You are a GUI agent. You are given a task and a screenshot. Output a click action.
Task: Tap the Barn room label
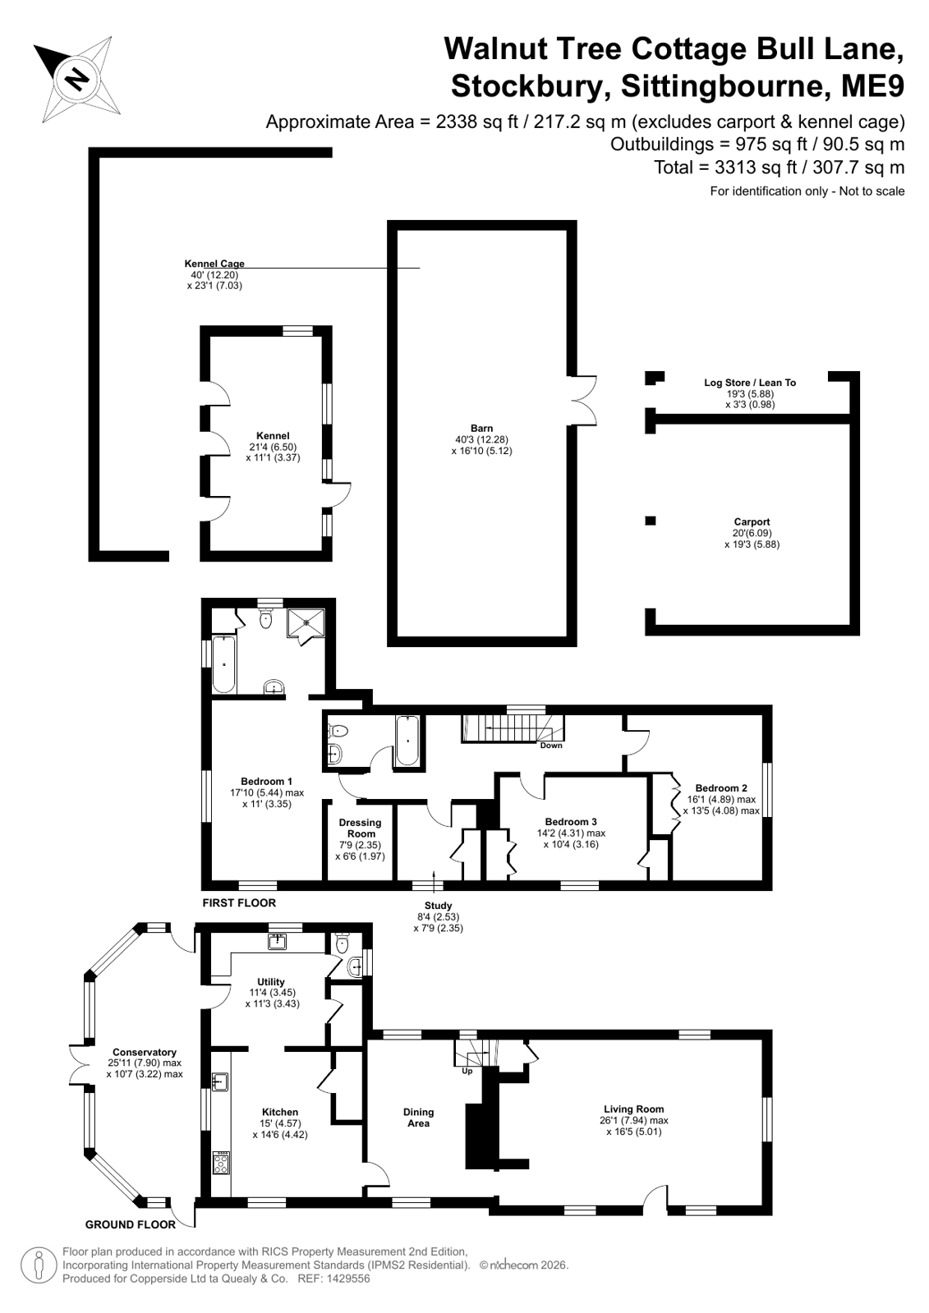tap(481, 429)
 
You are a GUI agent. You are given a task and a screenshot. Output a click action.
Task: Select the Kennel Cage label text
tap(214, 264)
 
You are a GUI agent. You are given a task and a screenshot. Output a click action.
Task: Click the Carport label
tap(752, 521)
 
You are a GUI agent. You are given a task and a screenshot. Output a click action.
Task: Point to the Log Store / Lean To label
tap(750, 383)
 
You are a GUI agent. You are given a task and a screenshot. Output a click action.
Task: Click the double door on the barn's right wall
tap(582, 400)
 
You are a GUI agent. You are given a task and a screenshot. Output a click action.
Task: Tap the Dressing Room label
tap(360, 829)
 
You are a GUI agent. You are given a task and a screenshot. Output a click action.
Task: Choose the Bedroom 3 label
tap(571, 822)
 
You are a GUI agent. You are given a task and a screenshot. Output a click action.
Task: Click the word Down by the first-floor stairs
tap(550, 746)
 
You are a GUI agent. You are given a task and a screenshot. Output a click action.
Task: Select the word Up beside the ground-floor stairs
tap(467, 1071)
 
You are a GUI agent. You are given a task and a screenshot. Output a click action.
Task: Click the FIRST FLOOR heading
tap(239, 902)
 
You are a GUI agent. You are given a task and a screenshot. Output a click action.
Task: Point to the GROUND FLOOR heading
tap(131, 1224)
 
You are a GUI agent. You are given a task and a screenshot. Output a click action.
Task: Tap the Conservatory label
tap(145, 1052)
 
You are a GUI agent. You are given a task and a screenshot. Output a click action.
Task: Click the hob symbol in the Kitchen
tap(221, 1163)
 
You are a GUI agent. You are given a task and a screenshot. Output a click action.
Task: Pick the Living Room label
tap(634, 1109)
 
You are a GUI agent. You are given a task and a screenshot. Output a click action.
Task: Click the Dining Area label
tap(418, 1118)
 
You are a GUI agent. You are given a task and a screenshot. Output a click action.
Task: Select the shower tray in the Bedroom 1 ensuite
tap(306, 623)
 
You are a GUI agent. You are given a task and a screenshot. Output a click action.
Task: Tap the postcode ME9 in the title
tap(872, 87)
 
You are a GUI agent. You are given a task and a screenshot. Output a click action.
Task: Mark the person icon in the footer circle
tap(39, 1265)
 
